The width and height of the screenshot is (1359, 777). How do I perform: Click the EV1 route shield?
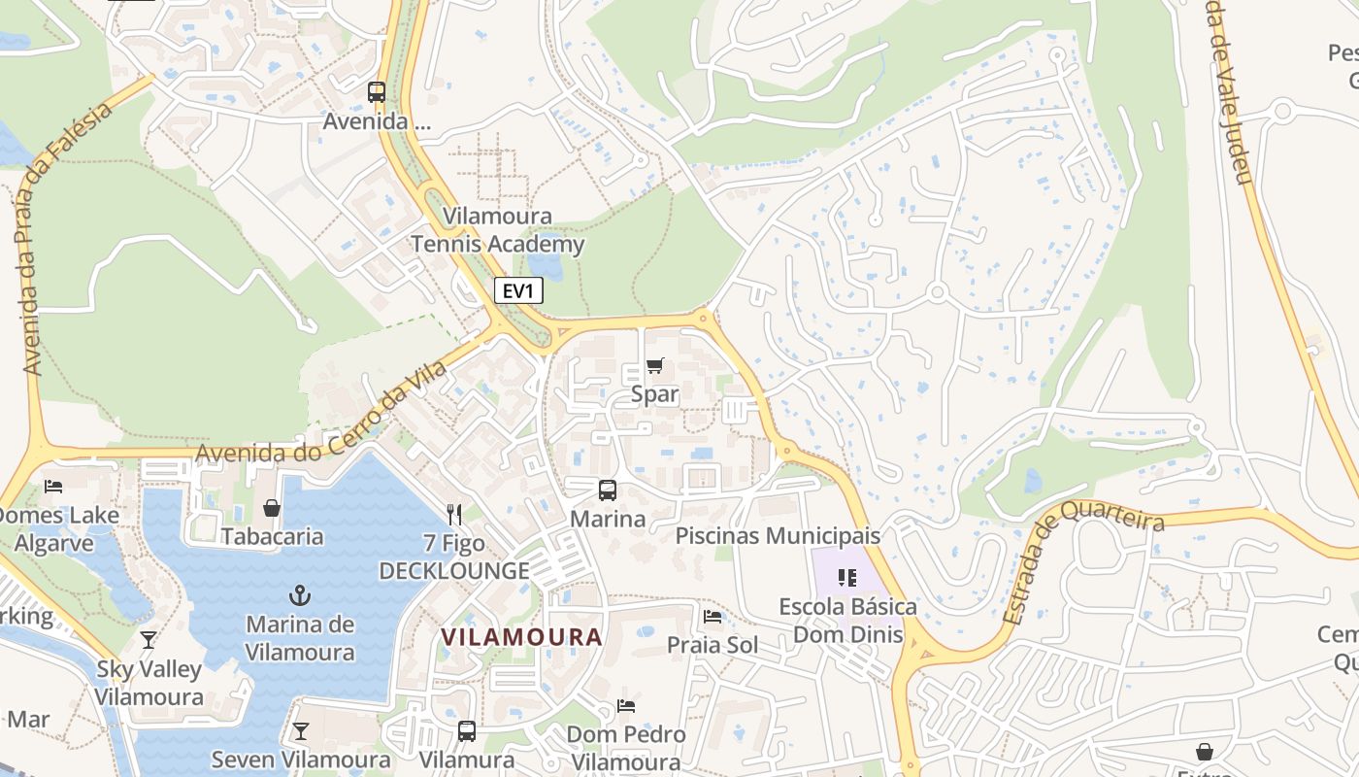(518, 290)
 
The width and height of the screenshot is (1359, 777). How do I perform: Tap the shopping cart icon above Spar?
(655, 366)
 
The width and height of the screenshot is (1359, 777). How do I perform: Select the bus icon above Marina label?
(608, 490)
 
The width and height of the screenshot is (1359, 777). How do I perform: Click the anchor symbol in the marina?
(300, 593)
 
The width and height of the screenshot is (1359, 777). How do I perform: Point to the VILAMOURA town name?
(521, 637)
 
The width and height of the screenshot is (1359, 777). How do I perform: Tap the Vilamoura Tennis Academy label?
(498, 230)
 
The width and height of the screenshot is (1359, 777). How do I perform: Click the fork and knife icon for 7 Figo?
(454, 514)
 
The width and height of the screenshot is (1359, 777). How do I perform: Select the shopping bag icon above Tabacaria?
(272, 508)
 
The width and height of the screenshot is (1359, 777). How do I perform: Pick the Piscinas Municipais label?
(778, 535)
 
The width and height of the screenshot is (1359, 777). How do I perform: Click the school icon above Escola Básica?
(847, 578)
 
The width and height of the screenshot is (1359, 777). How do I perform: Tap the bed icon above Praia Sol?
(713, 617)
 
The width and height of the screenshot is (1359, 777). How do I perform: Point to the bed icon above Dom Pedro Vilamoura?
(626, 706)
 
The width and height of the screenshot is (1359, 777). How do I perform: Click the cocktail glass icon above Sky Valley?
(149, 640)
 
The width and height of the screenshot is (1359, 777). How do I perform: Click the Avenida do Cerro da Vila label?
(320, 413)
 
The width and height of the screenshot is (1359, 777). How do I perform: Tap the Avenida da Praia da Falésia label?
(65, 238)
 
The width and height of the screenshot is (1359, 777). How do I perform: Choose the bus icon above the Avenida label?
(377, 92)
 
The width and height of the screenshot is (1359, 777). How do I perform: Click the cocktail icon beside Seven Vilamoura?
(301, 731)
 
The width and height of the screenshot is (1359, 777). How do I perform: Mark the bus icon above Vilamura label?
(467, 731)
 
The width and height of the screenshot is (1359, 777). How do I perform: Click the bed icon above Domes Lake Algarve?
(53, 486)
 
